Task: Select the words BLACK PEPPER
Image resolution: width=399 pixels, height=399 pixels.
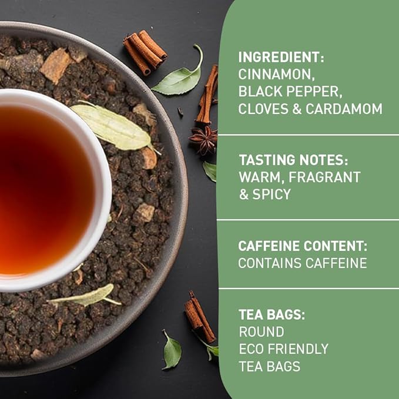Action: [283, 92]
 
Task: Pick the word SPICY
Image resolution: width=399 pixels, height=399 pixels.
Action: [272, 194]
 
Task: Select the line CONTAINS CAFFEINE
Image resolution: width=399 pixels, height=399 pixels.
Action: [302, 263]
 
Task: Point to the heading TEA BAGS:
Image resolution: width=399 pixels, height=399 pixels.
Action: [271, 314]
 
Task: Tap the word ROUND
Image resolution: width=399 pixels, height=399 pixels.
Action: [261, 331]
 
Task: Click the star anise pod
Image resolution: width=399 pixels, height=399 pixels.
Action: [203, 139]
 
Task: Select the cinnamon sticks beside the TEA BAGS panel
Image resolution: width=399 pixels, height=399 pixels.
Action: [199, 319]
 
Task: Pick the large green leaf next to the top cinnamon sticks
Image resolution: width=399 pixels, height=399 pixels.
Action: [177, 81]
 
